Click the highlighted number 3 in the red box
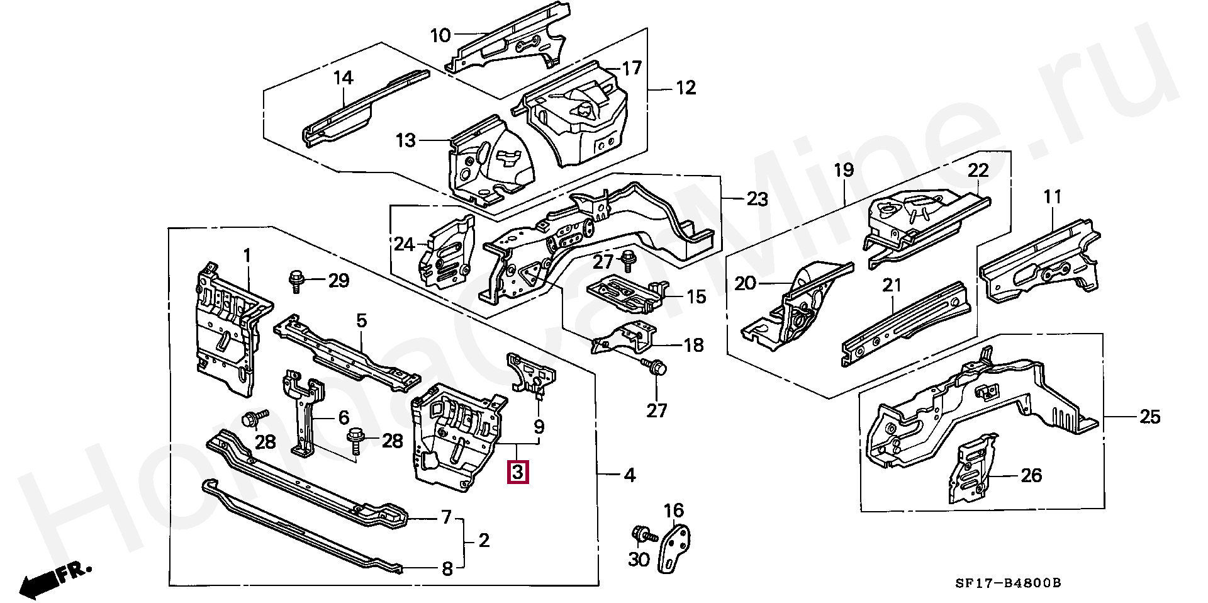tap(518, 472)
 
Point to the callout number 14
tap(343, 78)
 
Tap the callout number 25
tap(1149, 417)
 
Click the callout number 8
tap(447, 570)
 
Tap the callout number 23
tap(757, 200)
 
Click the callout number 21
tap(892, 286)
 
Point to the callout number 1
tap(247, 255)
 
